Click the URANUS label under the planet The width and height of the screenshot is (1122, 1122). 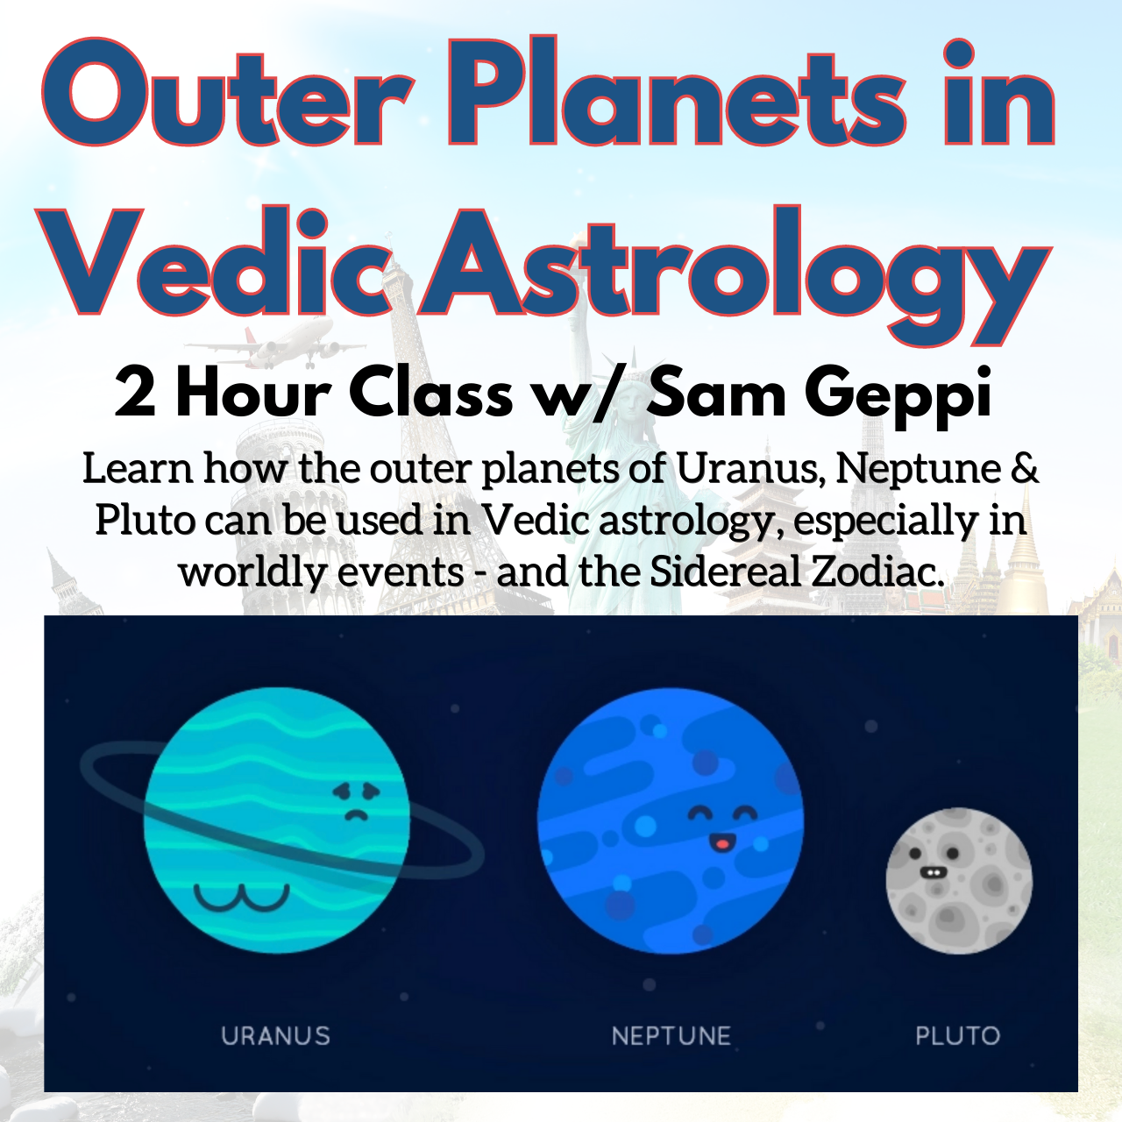[x=275, y=1036]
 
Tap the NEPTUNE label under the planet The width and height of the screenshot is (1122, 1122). [x=671, y=1036]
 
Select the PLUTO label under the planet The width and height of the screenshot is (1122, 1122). [x=958, y=1036]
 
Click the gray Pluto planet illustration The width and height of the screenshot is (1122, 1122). [x=959, y=881]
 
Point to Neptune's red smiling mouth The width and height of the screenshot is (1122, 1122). [x=721, y=841]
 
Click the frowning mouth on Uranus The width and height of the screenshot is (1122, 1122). [x=356, y=814]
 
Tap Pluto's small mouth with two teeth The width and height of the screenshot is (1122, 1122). [x=930, y=872]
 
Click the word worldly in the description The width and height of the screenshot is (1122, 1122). [x=252, y=572]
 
